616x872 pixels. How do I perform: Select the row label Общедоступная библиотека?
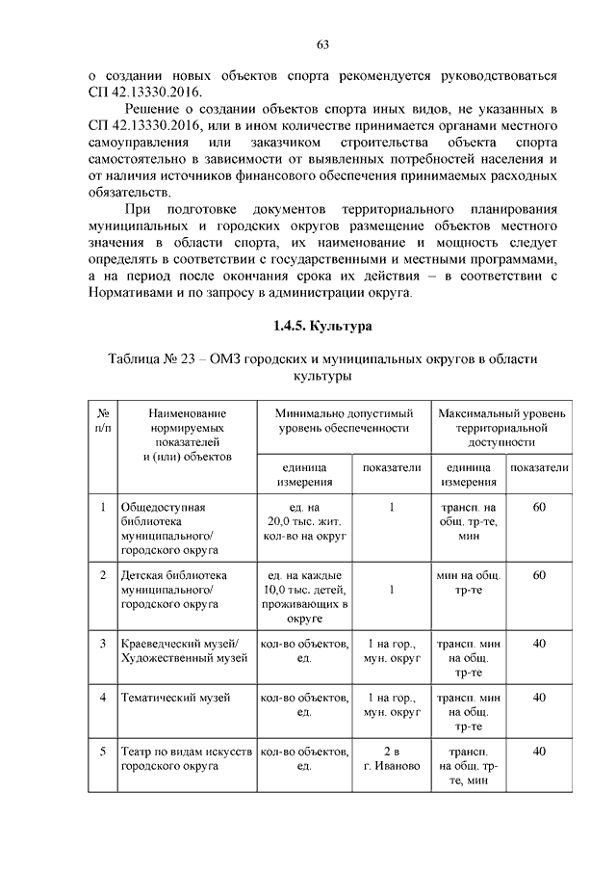click(x=168, y=528)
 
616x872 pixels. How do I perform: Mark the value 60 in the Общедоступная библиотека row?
click(x=539, y=507)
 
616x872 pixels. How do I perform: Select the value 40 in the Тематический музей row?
click(x=539, y=698)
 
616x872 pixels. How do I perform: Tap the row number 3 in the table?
click(x=103, y=643)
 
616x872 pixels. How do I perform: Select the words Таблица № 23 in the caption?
click(x=158, y=358)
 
